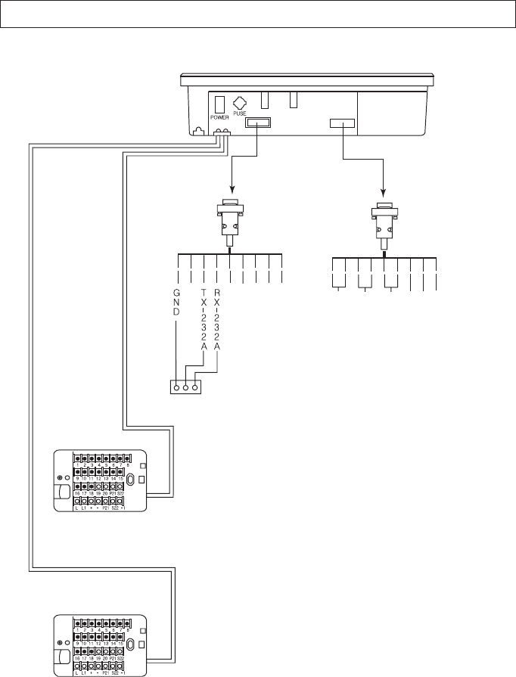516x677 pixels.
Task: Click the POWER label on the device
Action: (x=219, y=117)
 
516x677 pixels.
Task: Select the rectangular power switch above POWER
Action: (x=219, y=103)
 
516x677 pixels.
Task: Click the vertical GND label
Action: (x=176, y=303)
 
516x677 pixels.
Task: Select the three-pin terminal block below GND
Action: (x=185, y=387)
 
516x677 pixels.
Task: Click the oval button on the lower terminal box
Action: (x=131, y=644)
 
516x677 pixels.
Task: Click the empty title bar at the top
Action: (x=257, y=14)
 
